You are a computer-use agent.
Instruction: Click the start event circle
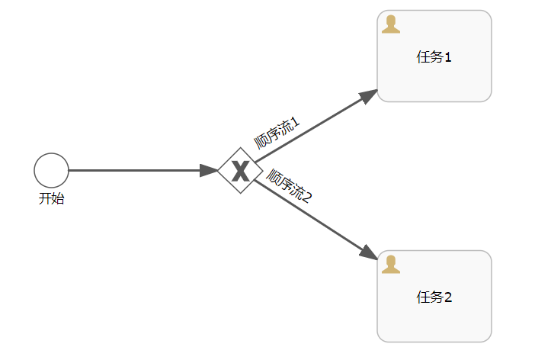[51, 170]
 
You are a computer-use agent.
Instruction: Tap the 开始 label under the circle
[51, 199]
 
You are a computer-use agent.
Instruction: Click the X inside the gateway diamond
[240, 171]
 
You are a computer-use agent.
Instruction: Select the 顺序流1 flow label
[277, 132]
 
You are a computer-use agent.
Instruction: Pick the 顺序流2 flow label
[289, 185]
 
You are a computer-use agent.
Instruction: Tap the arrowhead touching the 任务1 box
[369, 95]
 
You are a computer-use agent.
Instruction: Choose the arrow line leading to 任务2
[312, 217]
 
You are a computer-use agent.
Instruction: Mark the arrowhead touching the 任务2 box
[369, 254]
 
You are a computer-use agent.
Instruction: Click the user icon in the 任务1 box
[391, 24]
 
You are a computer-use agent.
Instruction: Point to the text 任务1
[434, 56]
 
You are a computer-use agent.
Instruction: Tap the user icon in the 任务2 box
[391, 265]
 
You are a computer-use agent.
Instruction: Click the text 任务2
[434, 297]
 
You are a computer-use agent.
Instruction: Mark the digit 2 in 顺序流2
[308, 197]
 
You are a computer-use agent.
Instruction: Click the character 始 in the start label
[58, 199]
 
